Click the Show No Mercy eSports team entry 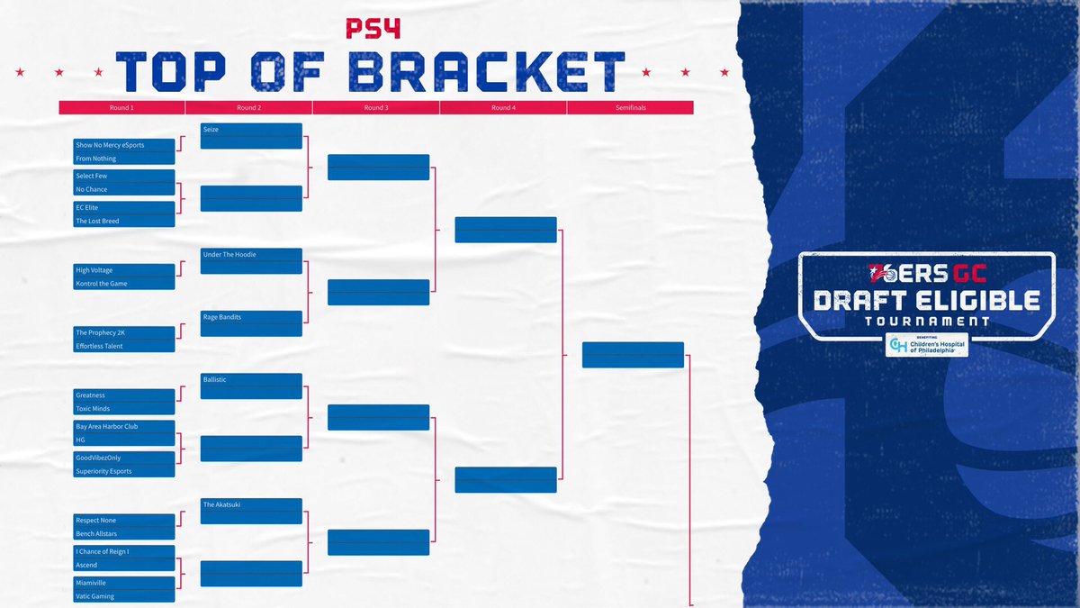point(124,145)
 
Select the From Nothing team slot point(124,159)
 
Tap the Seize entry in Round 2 point(251,130)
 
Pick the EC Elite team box point(124,207)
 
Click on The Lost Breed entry point(124,221)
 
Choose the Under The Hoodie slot point(251,255)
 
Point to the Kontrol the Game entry point(124,284)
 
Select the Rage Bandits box point(251,317)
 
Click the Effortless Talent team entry point(124,346)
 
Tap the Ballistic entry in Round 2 point(251,380)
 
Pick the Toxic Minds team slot point(124,409)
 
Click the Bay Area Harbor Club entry point(124,426)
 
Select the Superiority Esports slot point(124,471)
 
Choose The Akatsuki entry point(251,505)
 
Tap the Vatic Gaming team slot point(124,596)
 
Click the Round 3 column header point(376,107)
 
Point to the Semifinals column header point(630,107)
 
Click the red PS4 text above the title point(373,29)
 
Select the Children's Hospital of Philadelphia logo point(927,346)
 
